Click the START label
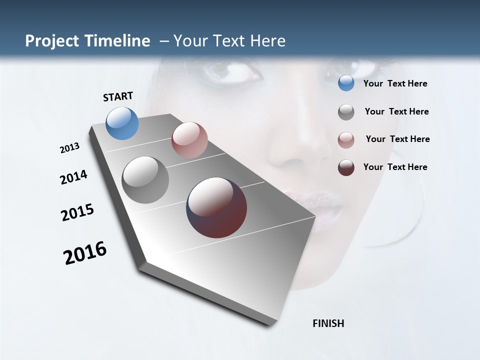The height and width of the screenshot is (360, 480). [x=118, y=96]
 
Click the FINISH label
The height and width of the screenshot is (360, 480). [x=328, y=323]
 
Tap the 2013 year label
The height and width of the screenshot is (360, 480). [x=70, y=148]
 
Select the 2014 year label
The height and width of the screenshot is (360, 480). [x=73, y=177]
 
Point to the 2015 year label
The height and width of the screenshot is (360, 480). [x=77, y=212]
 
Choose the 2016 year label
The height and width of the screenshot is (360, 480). [x=85, y=253]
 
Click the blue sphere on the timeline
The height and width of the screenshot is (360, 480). [x=122, y=123]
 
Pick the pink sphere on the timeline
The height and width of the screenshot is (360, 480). [x=189, y=140]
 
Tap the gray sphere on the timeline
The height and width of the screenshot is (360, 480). [x=145, y=180]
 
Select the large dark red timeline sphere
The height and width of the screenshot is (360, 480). [x=216, y=207]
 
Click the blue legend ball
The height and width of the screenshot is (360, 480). [x=346, y=83]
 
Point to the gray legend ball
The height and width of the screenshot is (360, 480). [x=346, y=112]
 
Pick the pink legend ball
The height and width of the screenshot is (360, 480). [x=346, y=140]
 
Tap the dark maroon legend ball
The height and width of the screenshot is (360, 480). [x=346, y=168]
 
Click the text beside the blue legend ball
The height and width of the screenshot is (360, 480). [x=395, y=84]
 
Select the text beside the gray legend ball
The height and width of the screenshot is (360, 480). [x=396, y=111]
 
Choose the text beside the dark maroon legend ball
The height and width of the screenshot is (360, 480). [x=395, y=167]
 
